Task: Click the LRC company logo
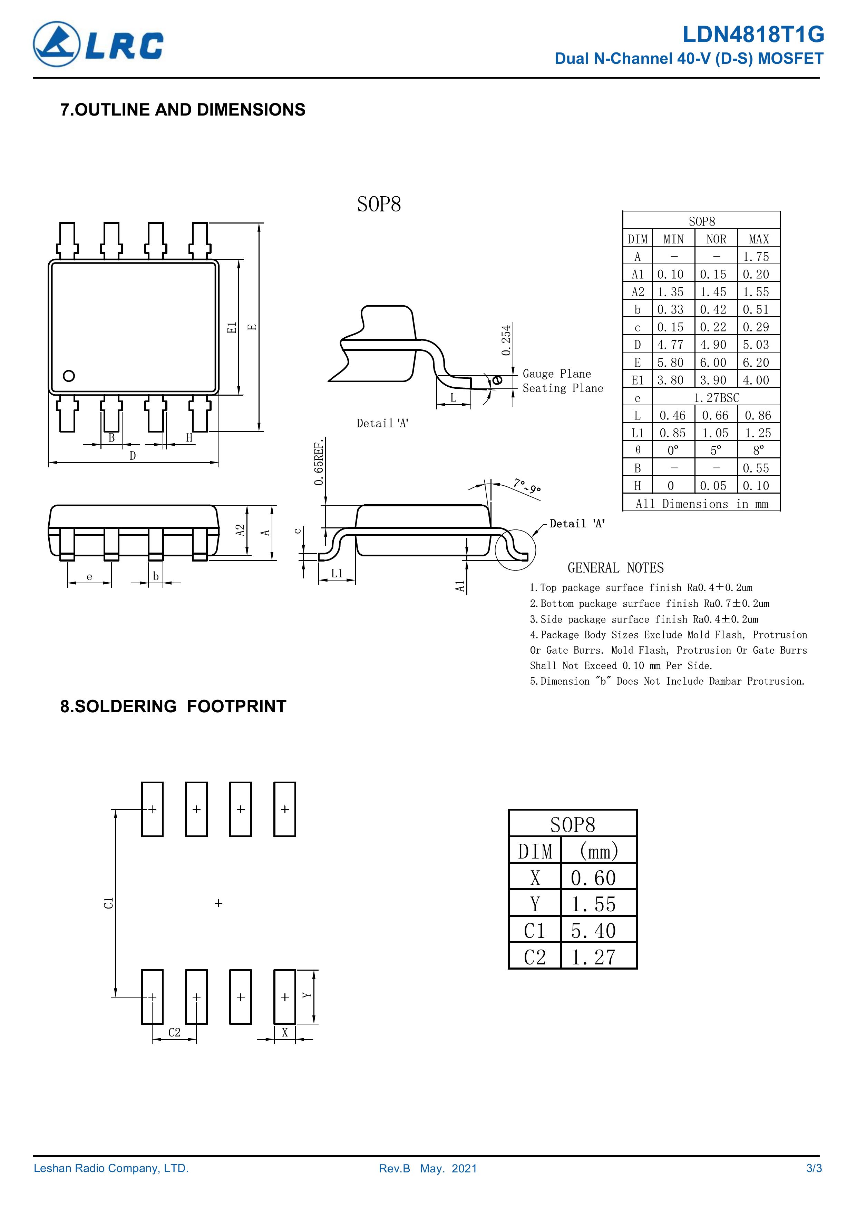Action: click(x=98, y=44)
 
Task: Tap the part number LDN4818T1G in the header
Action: click(x=753, y=35)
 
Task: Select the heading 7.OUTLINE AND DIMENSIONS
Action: click(x=183, y=110)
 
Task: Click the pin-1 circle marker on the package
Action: click(x=69, y=376)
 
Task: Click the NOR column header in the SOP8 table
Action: click(x=716, y=239)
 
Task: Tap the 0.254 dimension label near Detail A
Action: click(x=506, y=340)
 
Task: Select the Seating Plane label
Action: click(x=562, y=388)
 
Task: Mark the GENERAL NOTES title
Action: click(x=615, y=568)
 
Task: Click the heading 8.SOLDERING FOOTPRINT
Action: click(x=173, y=706)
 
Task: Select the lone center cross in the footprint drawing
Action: click(x=219, y=903)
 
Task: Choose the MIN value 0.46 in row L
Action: click(x=672, y=415)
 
